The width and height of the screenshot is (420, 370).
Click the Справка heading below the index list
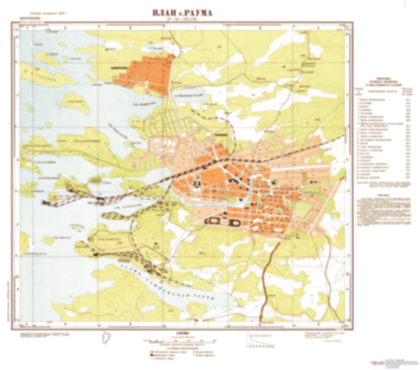coord(383,195)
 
